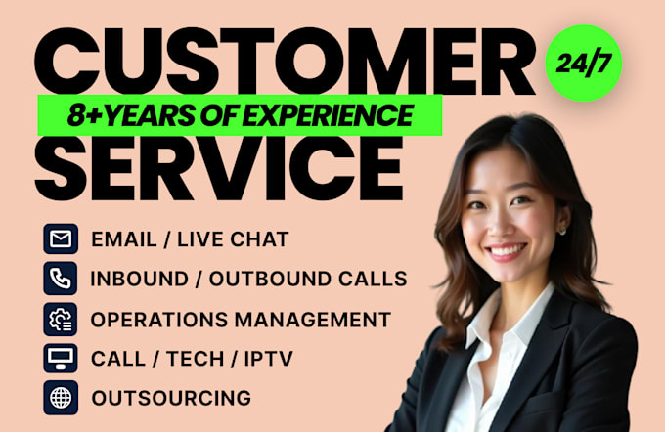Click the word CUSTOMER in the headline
point(285,62)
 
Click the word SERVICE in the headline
point(218,167)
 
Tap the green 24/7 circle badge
point(584,64)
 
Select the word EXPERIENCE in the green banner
point(328,115)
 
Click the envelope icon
point(61,239)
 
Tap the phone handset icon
point(61,279)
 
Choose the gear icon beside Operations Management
point(61,320)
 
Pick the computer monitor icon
point(61,359)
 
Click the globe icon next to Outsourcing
point(61,398)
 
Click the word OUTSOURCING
point(171,398)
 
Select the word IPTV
point(269,359)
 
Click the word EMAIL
point(124,239)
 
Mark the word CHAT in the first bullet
point(259,239)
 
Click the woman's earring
point(562,231)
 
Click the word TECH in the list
point(195,359)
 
